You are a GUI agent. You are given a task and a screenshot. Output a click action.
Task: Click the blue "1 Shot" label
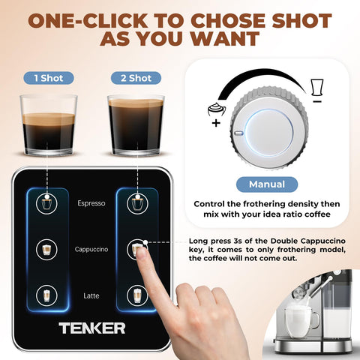[x=49, y=77]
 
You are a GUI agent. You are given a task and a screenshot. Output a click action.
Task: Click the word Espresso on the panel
[x=91, y=202]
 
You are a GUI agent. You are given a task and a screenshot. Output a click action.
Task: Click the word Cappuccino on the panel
[x=91, y=248]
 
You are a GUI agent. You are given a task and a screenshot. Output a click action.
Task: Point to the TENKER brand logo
[x=92, y=328]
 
